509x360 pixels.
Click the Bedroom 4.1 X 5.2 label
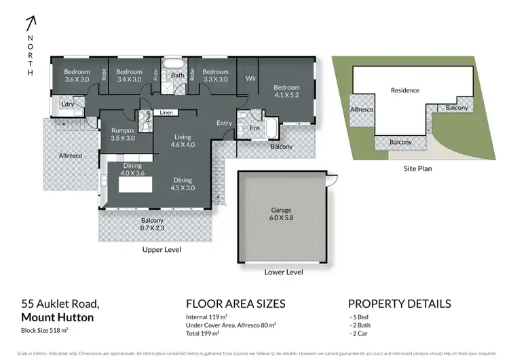(286, 91)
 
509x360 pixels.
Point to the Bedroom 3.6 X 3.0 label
(77, 75)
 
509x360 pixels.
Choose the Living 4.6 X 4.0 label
(182, 141)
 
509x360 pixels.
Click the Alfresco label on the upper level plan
(69, 156)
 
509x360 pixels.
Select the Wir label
(250, 79)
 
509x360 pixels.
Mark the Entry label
(224, 123)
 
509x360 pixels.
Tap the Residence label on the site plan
(405, 90)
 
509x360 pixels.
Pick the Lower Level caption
(283, 272)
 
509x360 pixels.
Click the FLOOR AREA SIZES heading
(235, 304)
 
